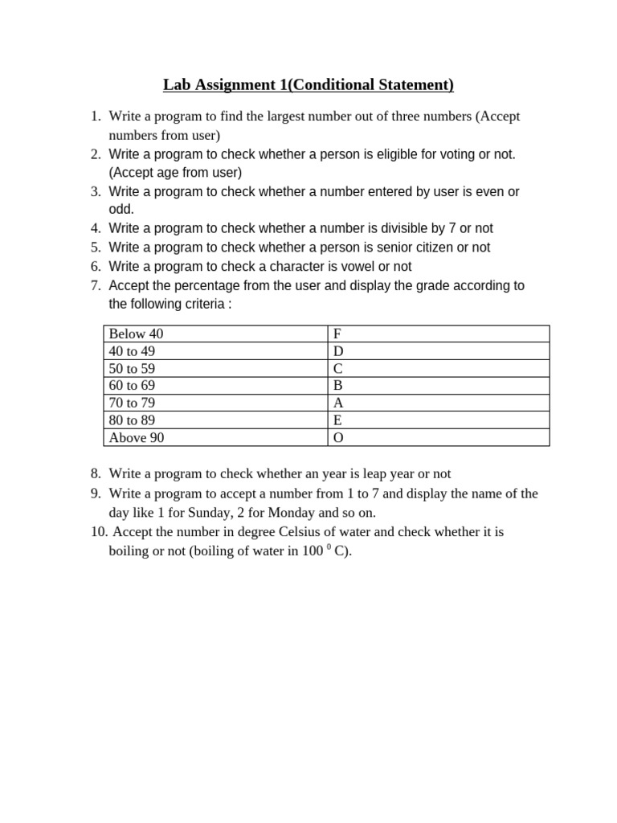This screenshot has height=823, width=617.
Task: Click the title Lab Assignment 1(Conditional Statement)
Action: coord(308,84)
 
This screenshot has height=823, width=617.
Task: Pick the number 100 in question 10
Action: coord(313,551)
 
